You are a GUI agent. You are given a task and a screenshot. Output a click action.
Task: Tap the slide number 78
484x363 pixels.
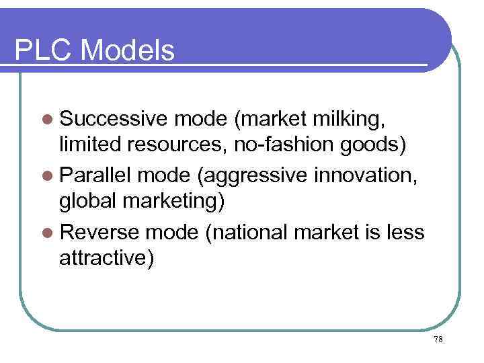[x=438, y=339]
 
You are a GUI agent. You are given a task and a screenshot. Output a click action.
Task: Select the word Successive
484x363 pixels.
[x=112, y=119]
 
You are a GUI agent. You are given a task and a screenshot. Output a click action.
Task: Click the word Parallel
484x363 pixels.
[x=98, y=175]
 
